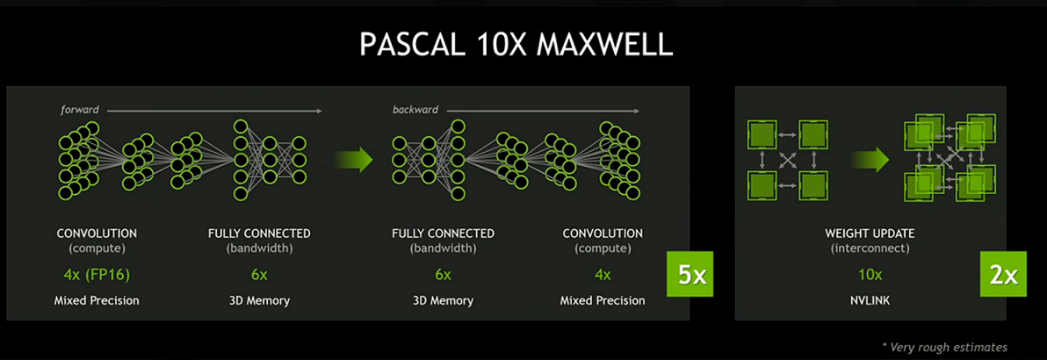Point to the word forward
[x=80, y=110]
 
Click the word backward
[x=416, y=110]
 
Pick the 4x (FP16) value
[x=97, y=274]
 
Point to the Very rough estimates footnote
[x=944, y=347]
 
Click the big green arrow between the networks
[x=353, y=159]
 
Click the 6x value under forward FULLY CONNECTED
[x=259, y=274]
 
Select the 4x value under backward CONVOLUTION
[x=603, y=274]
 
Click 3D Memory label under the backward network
[x=444, y=300]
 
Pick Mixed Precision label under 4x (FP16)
[x=97, y=300]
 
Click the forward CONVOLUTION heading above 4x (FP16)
[x=97, y=234]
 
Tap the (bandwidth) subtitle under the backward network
[x=444, y=249]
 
